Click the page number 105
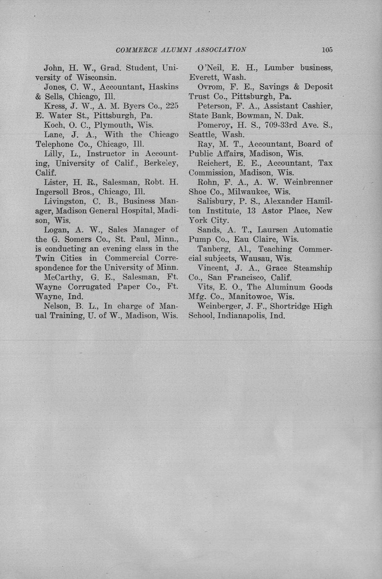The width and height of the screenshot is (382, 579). point(327,50)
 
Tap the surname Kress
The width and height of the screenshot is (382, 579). point(54,106)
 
